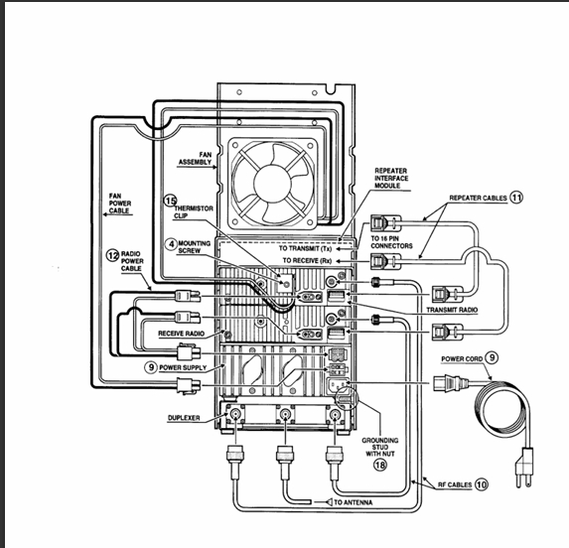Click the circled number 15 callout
point(170,201)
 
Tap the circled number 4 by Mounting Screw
point(171,244)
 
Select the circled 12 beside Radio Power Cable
point(112,256)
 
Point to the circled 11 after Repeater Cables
point(516,198)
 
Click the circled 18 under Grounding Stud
point(379,465)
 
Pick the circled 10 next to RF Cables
point(482,484)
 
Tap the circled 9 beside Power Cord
point(492,358)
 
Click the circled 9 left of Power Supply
point(151,367)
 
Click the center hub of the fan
point(272,183)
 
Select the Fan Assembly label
point(196,159)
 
